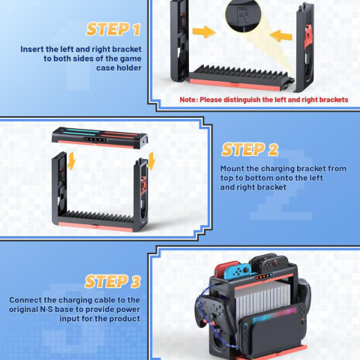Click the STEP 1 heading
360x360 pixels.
(x=113, y=29)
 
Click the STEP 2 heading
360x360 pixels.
(x=250, y=148)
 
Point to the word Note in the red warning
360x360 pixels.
(x=191, y=99)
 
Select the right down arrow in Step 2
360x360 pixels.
(x=151, y=160)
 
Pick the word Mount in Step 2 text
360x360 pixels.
(x=235, y=169)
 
